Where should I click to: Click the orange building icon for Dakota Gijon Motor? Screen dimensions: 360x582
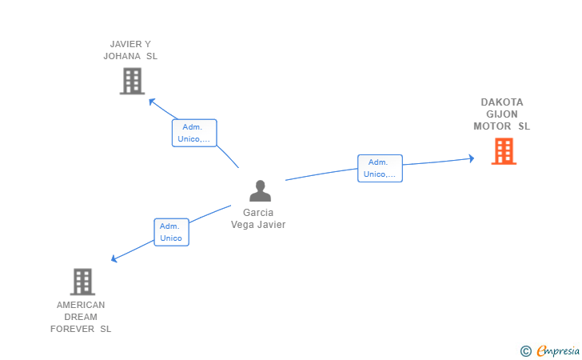point(503,150)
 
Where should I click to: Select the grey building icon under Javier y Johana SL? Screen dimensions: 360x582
point(132,81)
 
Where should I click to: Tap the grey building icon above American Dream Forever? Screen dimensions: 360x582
point(82,282)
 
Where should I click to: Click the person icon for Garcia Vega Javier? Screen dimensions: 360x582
point(260,190)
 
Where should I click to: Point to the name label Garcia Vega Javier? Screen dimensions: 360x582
point(258,218)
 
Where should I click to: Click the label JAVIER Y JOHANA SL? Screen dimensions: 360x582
point(130,50)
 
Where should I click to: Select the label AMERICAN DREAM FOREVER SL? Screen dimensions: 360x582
point(81,317)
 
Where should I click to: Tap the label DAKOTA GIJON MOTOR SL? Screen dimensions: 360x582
point(502,114)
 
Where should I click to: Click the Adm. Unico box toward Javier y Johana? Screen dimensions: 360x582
point(194,133)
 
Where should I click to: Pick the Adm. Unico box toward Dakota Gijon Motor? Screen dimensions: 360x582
point(380,168)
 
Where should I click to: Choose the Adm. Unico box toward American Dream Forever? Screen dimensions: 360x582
point(171,232)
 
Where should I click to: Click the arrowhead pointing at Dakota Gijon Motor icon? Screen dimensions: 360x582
point(472,158)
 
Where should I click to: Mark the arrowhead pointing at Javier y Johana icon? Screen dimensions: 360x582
point(151,100)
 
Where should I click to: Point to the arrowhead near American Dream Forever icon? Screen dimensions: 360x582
point(114,259)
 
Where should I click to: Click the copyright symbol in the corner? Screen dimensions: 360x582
point(525,350)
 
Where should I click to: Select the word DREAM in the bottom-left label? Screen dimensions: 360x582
point(81,317)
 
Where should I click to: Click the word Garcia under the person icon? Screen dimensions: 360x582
point(258,213)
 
